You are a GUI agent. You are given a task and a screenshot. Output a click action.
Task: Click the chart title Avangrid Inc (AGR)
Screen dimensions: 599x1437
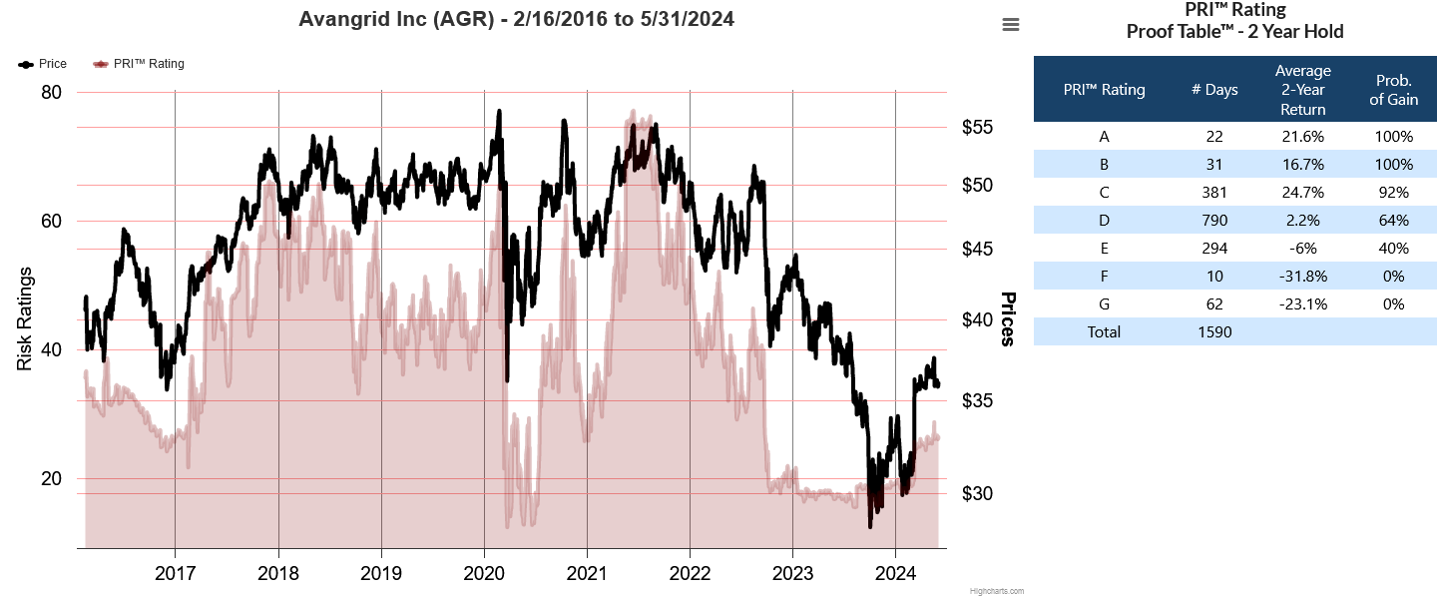coord(516,19)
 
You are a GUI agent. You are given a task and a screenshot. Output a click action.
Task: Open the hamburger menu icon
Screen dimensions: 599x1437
coord(1011,25)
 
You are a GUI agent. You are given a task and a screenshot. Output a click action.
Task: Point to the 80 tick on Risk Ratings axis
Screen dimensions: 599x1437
coord(50,93)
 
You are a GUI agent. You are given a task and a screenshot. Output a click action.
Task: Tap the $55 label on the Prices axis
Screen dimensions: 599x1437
coord(977,128)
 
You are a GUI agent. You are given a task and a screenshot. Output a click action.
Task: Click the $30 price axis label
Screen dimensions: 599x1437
coord(977,493)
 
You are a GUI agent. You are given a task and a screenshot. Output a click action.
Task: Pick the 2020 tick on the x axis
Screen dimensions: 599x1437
coord(483,574)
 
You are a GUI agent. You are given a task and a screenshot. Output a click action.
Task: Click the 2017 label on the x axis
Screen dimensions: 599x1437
coord(175,574)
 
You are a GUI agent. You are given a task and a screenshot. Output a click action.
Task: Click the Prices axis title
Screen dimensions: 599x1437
coord(1008,319)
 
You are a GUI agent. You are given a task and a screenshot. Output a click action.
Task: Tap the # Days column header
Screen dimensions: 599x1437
coord(1214,90)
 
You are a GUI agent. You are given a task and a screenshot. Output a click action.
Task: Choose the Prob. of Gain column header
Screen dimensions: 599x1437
coord(1393,90)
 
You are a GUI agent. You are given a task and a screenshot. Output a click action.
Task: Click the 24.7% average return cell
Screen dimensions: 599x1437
coord(1302,193)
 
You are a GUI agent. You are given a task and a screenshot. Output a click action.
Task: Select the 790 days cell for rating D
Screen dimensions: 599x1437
coord(1214,221)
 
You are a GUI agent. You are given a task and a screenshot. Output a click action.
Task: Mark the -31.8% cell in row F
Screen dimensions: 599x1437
coord(1302,277)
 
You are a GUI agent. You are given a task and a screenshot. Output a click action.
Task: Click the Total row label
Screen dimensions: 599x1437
coord(1104,332)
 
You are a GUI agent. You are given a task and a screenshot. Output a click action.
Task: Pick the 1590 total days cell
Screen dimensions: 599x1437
coord(1214,332)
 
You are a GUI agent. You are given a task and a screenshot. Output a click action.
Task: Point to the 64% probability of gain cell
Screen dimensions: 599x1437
coord(1393,221)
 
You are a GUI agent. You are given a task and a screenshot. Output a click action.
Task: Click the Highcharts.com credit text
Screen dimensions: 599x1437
coord(996,591)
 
